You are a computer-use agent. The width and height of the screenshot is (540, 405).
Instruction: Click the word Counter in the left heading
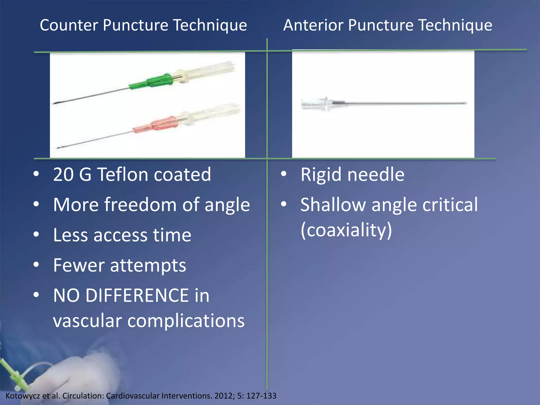coord(69,25)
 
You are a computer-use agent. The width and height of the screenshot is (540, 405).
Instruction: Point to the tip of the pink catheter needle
coord(59,148)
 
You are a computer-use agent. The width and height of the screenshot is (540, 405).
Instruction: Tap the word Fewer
coord(79,265)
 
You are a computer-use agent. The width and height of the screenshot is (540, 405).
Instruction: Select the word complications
coord(186,321)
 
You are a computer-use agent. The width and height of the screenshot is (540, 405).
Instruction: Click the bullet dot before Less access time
coord(36,234)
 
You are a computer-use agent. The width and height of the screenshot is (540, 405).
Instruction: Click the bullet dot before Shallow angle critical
coord(284,204)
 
